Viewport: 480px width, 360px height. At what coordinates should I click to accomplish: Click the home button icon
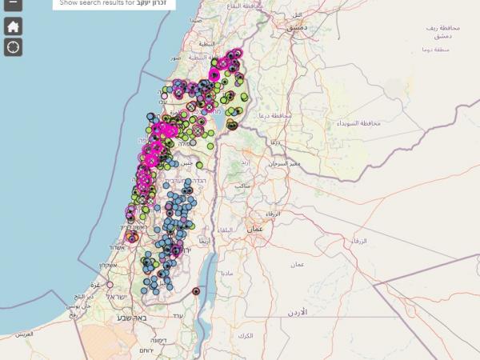(x=13, y=26)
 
